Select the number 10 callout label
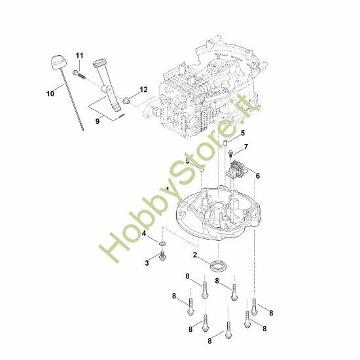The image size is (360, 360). coord(50,94)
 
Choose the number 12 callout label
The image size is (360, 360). coord(143,89)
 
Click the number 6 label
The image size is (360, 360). coord(257,176)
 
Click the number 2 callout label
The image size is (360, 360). coord(195,255)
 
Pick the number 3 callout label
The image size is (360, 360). coord(147,262)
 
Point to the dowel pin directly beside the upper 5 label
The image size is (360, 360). coord(225,143)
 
